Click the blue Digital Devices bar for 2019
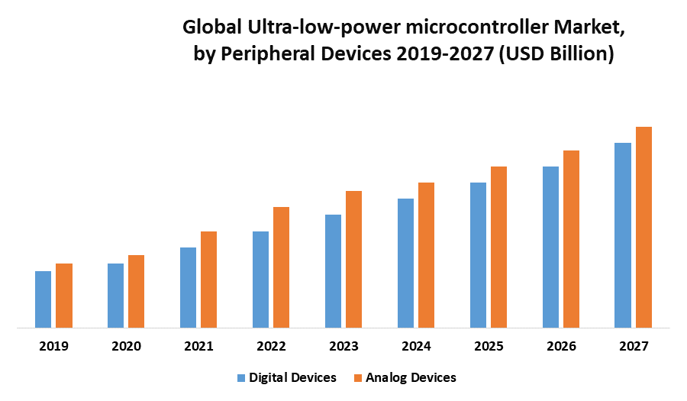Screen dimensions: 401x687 coord(43,299)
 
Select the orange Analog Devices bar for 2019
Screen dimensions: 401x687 coord(64,296)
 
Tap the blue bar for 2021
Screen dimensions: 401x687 coord(188,288)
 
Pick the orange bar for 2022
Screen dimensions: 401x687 coord(281,267)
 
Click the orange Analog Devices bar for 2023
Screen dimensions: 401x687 coord(353,260)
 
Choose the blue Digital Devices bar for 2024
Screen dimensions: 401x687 coord(405,264)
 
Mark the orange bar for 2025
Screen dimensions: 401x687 coord(498,247)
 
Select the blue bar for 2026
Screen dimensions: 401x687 coord(550,247)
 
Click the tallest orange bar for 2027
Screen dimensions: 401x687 coord(643,228)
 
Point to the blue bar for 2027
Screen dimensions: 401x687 coord(623,235)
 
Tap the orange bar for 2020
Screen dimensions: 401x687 coord(136,292)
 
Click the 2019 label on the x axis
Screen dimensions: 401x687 coord(53,346)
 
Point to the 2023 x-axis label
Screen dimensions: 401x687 coord(343,346)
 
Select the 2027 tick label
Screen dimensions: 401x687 coord(634,346)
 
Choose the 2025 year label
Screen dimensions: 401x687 coord(489,346)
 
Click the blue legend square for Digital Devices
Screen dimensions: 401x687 coord(241,377)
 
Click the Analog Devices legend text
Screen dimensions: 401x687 coord(411,377)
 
